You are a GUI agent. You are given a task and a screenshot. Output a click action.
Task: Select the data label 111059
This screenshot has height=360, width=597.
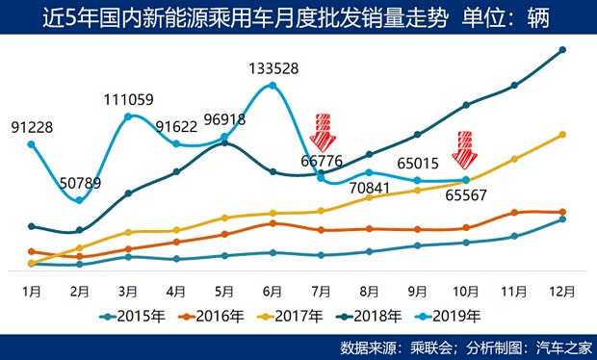pyautogui.click(x=128, y=100)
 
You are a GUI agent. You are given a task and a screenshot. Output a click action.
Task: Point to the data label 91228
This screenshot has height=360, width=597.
pyautogui.click(x=32, y=127)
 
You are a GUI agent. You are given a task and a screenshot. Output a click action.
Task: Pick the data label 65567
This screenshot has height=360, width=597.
pyautogui.click(x=465, y=194)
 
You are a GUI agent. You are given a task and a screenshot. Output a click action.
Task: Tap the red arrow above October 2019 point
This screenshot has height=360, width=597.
pyautogui.click(x=465, y=147)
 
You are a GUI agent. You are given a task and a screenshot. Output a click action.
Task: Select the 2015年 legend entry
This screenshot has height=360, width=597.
pyautogui.click(x=131, y=315)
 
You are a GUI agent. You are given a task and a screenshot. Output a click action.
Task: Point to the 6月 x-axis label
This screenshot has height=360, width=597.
pyautogui.click(x=273, y=290)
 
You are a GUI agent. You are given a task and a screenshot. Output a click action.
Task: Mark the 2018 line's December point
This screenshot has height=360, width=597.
pyautogui.click(x=562, y=50)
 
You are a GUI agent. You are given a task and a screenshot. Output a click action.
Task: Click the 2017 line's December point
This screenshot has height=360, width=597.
pyautogui.click(x=562, y=135)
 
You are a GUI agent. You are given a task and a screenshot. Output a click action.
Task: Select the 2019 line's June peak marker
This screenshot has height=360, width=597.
pyautogui.click(x=273, y=86)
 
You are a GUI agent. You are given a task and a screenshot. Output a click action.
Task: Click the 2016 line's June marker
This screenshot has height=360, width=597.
pyautogui.click(x=273, y=223)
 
